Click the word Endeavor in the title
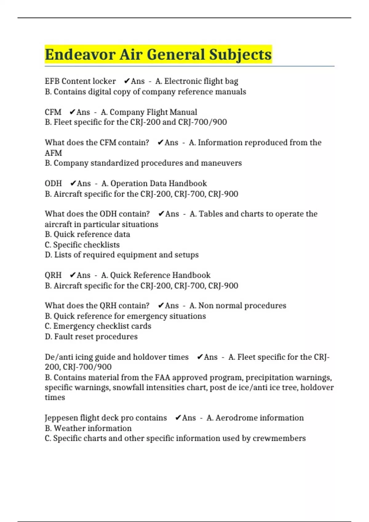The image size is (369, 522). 80,55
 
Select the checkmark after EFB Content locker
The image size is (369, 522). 127,81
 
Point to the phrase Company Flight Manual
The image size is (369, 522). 153,112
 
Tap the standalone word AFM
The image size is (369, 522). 53,153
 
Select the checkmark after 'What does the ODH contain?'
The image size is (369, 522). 161,214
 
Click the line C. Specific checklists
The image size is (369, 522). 82,245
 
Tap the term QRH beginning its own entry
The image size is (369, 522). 53,275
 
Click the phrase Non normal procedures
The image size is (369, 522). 242,306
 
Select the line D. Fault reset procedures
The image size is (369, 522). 91,337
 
